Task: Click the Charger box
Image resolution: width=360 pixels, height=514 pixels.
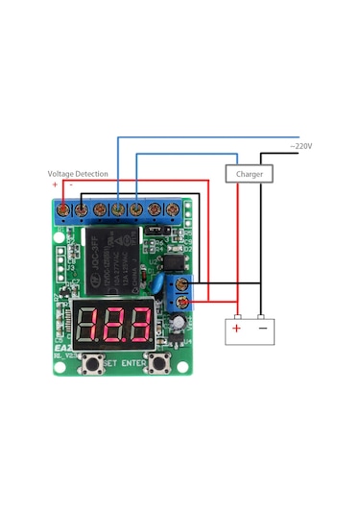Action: [x=250, y=174]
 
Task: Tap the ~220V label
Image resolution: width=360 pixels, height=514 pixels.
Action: [x=301, y=146]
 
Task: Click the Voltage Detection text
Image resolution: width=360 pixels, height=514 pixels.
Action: [x=78, y=174]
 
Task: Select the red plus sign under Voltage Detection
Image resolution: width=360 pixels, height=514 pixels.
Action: [x=55, y=184]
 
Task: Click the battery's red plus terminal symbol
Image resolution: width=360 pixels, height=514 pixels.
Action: [x=236, y=329]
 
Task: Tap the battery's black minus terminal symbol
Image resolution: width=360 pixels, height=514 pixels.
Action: [x=262, y=329]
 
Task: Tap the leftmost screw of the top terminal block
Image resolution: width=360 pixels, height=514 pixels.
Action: [x=63, y=208]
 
